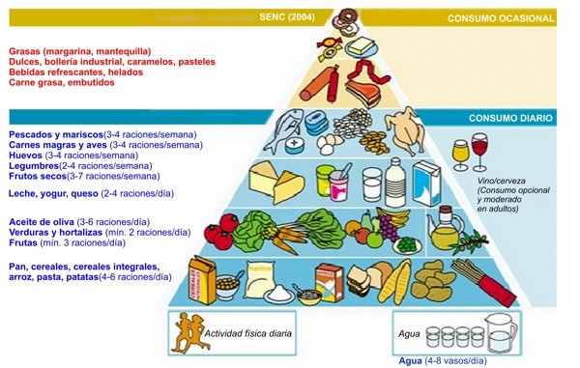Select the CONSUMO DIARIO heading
(510, 118)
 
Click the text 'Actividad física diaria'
(247, 334)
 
